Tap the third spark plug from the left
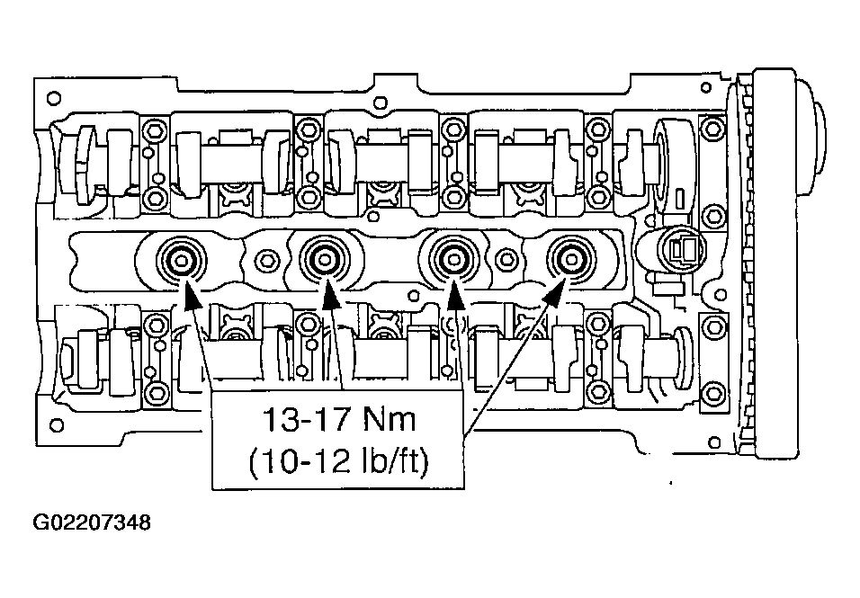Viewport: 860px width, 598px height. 451,260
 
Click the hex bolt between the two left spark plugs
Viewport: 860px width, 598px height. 265,261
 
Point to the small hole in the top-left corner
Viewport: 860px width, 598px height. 53,97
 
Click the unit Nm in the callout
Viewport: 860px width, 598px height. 399,419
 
